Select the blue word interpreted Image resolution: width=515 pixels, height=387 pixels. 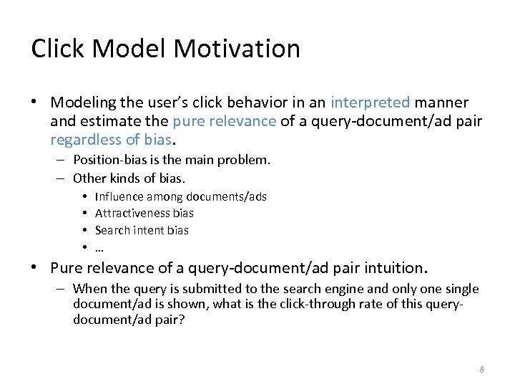(370, 102)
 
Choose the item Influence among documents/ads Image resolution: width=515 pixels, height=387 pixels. (180, 196)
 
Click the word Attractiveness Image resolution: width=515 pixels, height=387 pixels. (133, 213)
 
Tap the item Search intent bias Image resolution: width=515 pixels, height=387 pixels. (142, 230)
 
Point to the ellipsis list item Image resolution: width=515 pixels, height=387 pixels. (99, 248)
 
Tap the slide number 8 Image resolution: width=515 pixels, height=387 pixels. (481, 370)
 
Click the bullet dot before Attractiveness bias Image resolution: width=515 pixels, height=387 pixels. (84, 214)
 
